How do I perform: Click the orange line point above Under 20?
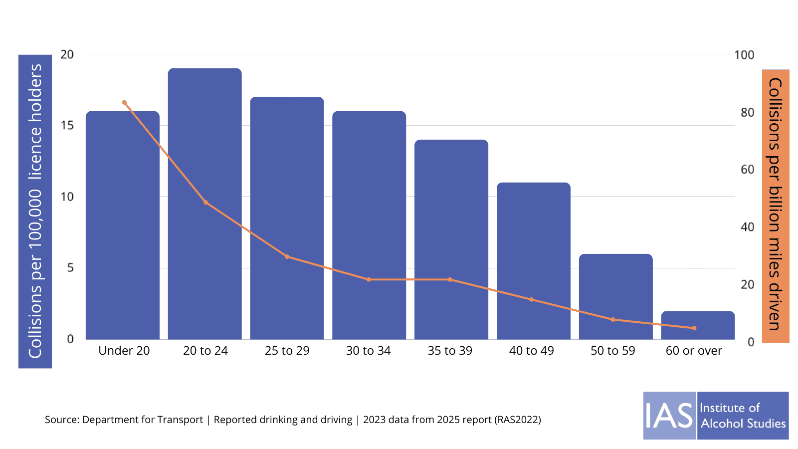124,103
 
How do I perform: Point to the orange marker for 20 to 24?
205,203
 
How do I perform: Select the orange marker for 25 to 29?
287,257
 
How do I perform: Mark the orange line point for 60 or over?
694,328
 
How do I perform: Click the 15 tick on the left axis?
67,126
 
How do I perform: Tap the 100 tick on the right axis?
744,55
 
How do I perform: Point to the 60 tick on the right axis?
747,170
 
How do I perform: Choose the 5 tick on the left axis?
70,268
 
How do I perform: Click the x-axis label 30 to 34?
368,351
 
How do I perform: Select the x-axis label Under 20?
124,351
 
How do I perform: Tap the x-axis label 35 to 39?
450,351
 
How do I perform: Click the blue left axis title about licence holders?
35,212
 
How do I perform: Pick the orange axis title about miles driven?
775,205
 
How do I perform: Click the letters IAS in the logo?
669,416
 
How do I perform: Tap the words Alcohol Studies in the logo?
743,424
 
